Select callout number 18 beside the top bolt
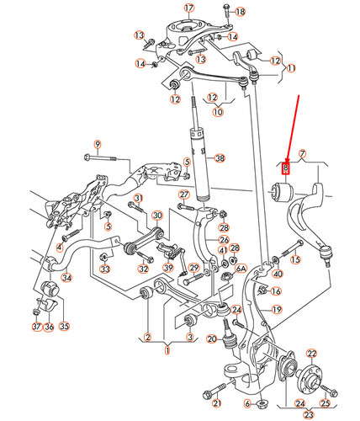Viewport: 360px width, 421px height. click(241, 12)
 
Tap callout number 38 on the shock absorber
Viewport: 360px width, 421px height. click(220, 158)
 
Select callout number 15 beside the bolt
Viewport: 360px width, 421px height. click(295, 260)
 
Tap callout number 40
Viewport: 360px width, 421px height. click(278, 274)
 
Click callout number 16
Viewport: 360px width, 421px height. click(276, 291)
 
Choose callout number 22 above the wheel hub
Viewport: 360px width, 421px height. click(311, 354)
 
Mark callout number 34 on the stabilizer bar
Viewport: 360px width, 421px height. click(67, 278)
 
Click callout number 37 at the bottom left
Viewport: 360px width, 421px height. click(36, 327)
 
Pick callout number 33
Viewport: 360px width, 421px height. click(105, 269)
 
